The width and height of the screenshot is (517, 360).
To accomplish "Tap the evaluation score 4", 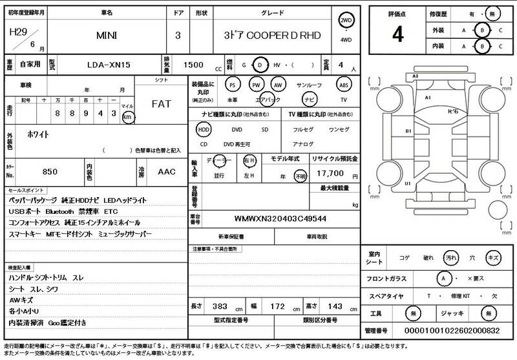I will click(397, 35).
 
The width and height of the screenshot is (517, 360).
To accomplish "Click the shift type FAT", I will click(161, 103).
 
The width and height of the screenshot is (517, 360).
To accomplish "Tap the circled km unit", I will click(129, 117).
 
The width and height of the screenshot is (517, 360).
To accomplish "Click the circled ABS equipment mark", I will click(344, 85).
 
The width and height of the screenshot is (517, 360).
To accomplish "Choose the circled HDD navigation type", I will click(204, 129).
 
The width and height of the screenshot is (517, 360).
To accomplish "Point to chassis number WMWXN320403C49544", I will click(280, 218).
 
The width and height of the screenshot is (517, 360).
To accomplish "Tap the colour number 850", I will click(49, 172).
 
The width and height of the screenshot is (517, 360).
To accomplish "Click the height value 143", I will click(336, 305).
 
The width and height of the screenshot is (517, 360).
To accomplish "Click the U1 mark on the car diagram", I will click(408, 184).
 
